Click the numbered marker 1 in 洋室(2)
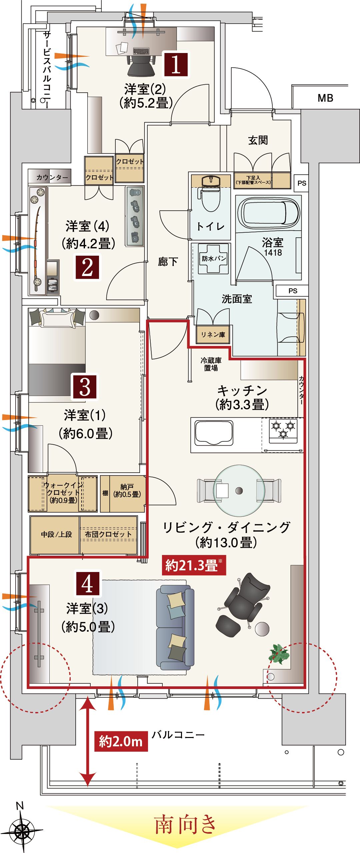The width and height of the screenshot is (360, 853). pyautogui.click(x=176, y=64)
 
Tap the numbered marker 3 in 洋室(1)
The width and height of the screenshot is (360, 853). pyautogui.click(x=85, y=387)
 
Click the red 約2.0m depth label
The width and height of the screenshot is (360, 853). pyautogui.click(x=121, y=741)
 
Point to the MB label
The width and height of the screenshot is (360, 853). pyautogui.click(x=325, y=98)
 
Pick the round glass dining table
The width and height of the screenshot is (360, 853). pyautogui.click(x=239, y=490)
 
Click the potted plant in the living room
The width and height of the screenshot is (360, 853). pyautogui.click(x=279, y=654)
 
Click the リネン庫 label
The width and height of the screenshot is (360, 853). pyautogui.click(x=213, y=334)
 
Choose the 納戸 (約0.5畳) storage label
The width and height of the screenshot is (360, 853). pyautogui.click(x=127, y=491)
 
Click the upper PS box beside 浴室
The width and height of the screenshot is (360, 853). pyautogui.click(x=302, y=183)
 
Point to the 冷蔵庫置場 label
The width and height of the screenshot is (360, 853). pyautogui.click(x=211, y=364)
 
